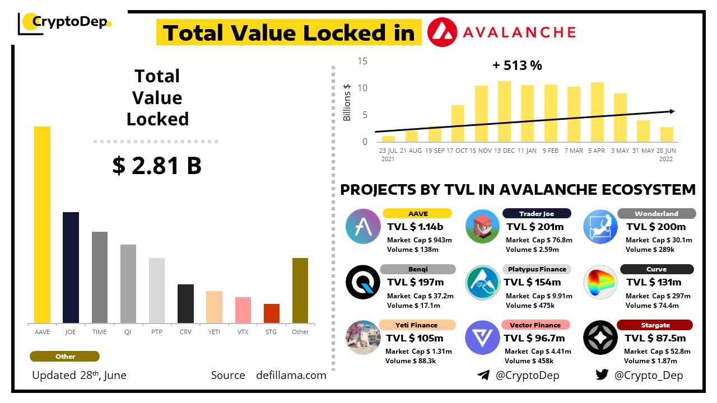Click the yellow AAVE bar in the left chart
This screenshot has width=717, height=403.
(x=42, y=224)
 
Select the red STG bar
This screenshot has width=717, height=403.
(x=272, y=313)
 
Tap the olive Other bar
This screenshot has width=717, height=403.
(x=300, y=290)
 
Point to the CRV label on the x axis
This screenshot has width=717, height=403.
(x=185, y=332)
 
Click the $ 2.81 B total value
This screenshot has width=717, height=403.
(x=157, y=166)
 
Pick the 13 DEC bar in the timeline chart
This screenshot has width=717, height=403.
(x=504, y=111)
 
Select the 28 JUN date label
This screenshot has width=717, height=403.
(x=666, y=151)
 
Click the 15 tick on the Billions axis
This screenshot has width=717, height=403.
(x=362, y=61)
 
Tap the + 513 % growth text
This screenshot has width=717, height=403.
(x=517, y=65)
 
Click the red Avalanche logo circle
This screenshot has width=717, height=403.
(x=443, y=32)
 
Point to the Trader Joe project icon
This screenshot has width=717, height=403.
(x=482, y=226)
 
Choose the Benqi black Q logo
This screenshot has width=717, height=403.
(x=363, y=282)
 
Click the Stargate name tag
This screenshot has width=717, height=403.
(x=655, y=325)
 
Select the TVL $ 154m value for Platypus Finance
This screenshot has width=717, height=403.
(x=532, y=283)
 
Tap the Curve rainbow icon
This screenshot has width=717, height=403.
(x=600, y=282)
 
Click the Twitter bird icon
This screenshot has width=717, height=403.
(x=602, y=375)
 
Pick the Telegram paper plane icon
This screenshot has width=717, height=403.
(x=483, y=375)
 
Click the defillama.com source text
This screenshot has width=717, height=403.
(x=291, y=376)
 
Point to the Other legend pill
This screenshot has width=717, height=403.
(x=65, y=357)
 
